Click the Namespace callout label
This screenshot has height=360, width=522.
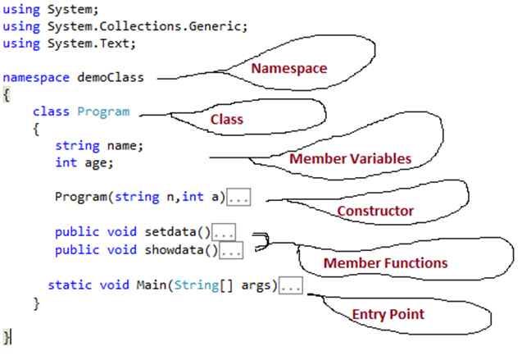pos(288,68)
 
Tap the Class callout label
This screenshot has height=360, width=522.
pos(227,119)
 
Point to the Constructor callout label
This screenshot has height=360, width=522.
pos(375,211)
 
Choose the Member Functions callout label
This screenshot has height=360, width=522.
pos(385,263)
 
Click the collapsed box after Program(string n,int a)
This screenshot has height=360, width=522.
pos(239,198)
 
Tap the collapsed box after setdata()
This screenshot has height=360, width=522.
pos(224,232)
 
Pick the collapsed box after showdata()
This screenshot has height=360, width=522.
pos(231,250)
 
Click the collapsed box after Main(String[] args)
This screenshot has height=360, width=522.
pos(291,285)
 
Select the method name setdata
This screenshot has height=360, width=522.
pos(172,232)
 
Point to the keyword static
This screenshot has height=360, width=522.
pos(67,285)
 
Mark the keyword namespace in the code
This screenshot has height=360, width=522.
pos(36,78)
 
